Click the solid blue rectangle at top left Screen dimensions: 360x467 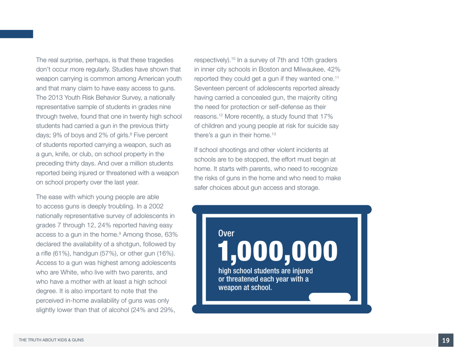[x=16, y=34]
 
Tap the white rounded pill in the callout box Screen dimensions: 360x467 [x=330, y=297]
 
